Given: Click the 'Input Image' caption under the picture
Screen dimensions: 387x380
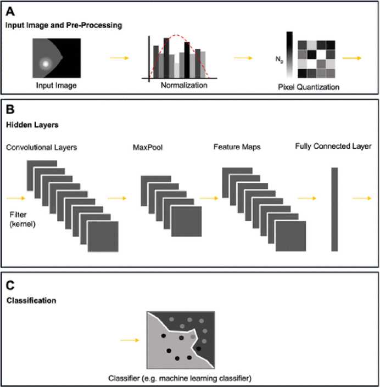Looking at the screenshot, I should tap(56, 85).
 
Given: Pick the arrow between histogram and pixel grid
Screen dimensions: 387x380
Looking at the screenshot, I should tap(243, 57).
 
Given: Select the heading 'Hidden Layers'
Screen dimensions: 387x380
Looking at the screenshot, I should tap(32, 125).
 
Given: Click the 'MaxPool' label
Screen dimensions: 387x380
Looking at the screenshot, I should tap(144, 148).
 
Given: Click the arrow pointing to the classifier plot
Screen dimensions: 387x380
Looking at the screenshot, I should tap(130, 340).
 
